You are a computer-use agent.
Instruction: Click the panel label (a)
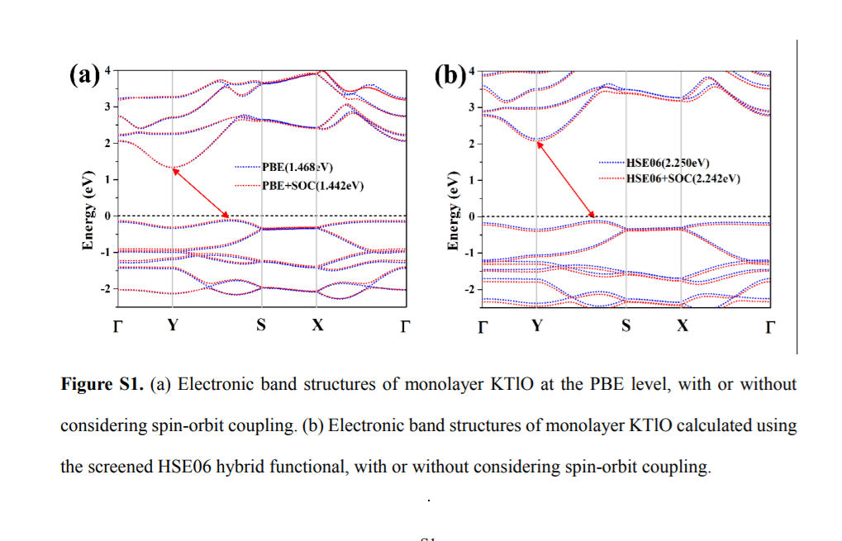pyautogui.click(x=83, y=76)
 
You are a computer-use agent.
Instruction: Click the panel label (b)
pyautogui.click(x=450, y=76)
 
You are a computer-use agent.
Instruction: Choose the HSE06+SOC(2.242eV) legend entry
pyautogui.click(x=683, y=178)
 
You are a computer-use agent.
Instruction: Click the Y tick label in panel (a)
pyautogui.click(x=172, y=325)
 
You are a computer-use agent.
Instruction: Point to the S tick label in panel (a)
pyautogui.click(x=261, y=325)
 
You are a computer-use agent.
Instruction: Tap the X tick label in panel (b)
pyautogui.click(x=682, y=325)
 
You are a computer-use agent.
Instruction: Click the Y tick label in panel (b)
pyautogui.click(x=537, y=325)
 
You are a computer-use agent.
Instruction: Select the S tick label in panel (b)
pyautogui.click(x=626, y=325)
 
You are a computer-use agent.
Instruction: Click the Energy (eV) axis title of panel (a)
pyautogui.click(x=88, y=211)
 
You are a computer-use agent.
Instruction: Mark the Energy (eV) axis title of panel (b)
pyautogui.click(x=453, y=211)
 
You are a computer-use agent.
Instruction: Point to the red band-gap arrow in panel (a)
pyautogui.click(x=201, y=194)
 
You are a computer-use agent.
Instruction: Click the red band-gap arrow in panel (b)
pyautogui.click(x=566, y=179)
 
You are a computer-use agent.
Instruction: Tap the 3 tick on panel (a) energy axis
pyautogui.click(x=106, y=107)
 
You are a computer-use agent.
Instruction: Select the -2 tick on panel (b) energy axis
pyautogui.click(x=469, y=289)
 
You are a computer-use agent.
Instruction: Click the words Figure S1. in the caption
pyautogui.click(x=103, y=385)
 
